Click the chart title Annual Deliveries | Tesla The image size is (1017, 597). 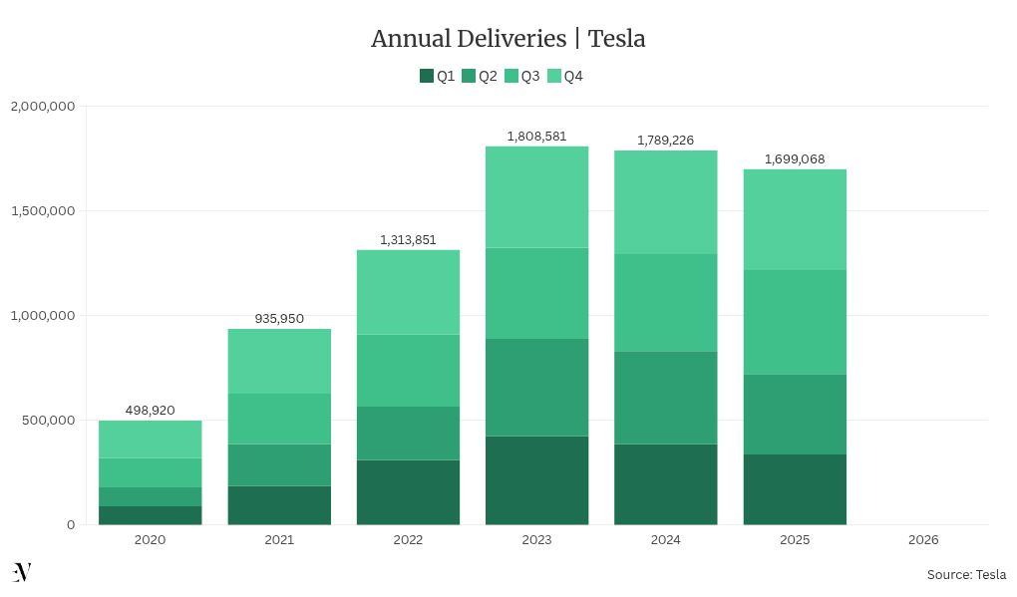click(x=508, y=39)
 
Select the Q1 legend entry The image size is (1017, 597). click(x=438, y=76)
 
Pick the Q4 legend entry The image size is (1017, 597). click(x=565, y=76)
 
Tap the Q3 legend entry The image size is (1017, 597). click(x=522, y=76)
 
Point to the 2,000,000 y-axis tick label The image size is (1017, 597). click(x=42, y=107)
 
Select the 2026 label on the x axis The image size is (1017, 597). click(x=923, y=540)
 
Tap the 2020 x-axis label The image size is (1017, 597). click(x=150, y=540)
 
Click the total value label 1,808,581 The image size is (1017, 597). click(x=536, y=136)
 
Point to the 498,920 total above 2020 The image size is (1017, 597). click(x=150, y=410)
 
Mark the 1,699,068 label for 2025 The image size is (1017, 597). click(x=795, y=158)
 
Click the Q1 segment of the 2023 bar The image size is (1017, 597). click(x=536, y=480)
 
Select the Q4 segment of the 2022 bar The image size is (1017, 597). click(x=408, y=292)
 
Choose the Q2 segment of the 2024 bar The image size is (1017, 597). click(x=665, y=398)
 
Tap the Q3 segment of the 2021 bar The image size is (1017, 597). click(x=279, y=419)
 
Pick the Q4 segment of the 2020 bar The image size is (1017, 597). click(x=150, y=440)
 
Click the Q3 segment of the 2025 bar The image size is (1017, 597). click(x=795, y=322)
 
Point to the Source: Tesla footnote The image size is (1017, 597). click(x=965, y=574)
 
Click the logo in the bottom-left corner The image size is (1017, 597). click(x=22, y=572)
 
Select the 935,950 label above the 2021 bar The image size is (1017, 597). click(x=279, y=319)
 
